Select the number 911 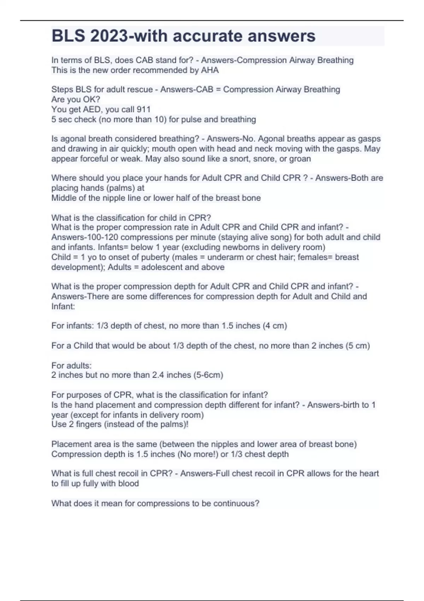(x=143, y=109)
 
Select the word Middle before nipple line (x=64, y=198)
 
